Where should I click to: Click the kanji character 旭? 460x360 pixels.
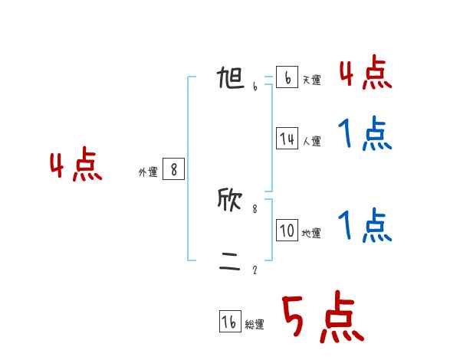[x=231, y=79]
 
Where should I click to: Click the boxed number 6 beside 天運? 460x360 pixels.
[x=287, y=77]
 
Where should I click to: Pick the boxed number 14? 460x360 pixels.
[x=287, y=139]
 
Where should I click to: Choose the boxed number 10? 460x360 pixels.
[x=287, y=231]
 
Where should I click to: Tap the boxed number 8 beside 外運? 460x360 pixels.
[x=174, y=170]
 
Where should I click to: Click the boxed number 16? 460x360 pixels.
[x=230, y=322]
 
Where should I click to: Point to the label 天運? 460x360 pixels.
[x=311, y=80]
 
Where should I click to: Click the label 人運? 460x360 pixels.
[x=311, y=142]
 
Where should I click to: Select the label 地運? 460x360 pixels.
[x=311, y=234]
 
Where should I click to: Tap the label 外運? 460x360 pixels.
[x=148, y=173]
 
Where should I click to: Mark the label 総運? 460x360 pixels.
[x=255, y=325]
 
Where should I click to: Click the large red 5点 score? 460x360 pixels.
[x=322, y=319]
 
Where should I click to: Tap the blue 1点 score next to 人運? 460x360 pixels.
[x=365, y=136]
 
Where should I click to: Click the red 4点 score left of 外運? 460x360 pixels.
[x=76, y=167]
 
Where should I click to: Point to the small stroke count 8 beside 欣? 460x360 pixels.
[x=255, y=208]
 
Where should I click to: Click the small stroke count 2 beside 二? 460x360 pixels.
[x=255, y=270]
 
